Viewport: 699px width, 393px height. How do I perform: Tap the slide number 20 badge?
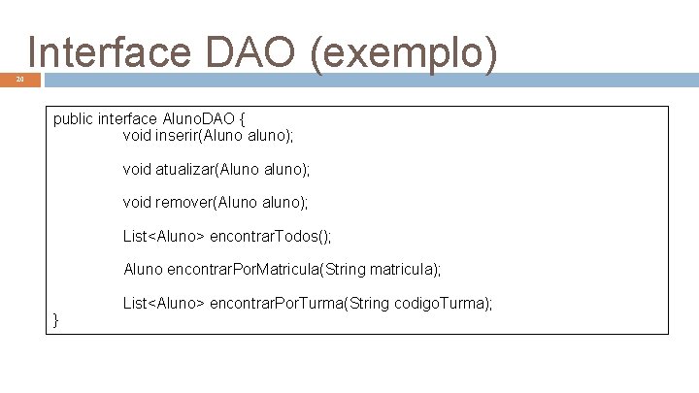point(19,81)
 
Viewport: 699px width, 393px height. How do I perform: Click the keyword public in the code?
point(74,119)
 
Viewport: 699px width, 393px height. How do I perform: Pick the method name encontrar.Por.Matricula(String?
point(275,269)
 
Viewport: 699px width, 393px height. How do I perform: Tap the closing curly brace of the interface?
point(56,319)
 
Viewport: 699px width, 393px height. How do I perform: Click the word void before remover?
point(137,203)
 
